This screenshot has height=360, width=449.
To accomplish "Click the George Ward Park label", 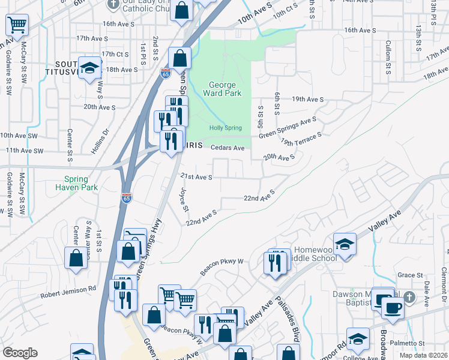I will (x=222, y=89).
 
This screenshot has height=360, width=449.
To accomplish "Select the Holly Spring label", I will (x=225, y=128).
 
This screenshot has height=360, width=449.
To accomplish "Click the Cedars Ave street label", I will (x=228, y=148).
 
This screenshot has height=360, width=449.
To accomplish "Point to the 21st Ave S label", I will (x=197, y=177).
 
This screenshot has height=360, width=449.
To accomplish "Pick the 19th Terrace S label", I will (x=301, y=140).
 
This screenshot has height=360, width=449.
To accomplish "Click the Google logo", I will (x=20, y=353).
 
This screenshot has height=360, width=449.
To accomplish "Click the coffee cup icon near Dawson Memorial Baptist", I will (x=393, y=307).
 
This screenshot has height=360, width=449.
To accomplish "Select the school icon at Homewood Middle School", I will (x=345, y=244).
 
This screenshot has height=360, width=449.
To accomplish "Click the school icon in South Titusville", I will (x=89, y=68).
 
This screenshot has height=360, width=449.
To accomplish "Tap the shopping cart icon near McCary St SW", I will (x=17, y=25).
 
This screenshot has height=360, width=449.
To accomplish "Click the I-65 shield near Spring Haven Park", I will (x=126, y=198).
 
